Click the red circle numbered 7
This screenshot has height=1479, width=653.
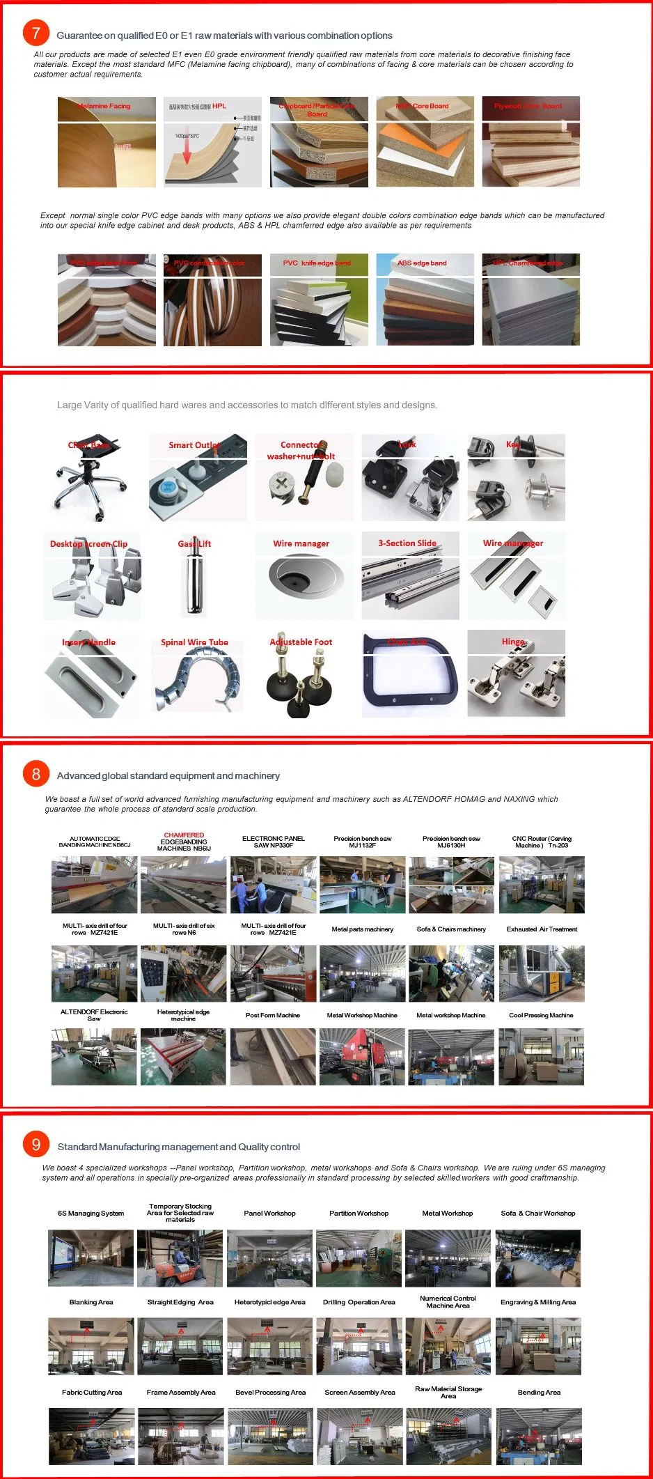point(36,33)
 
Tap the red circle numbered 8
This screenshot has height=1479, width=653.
point(36,774)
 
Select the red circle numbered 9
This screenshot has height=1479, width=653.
point(36,1145)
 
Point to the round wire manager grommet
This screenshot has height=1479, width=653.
point(303,578)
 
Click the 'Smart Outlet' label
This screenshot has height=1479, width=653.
point(194,445)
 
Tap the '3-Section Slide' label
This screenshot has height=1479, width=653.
point(407,543)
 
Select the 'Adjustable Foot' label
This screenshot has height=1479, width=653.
point(301,642)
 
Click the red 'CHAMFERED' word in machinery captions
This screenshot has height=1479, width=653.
point(184,835)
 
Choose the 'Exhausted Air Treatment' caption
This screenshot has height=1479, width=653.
point(542,929)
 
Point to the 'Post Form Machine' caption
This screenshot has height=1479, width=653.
point(273,1015)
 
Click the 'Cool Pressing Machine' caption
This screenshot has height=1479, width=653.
point(541,1015)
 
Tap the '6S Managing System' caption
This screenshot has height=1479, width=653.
point(91,1213)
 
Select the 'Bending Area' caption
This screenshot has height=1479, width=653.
point(539,1392)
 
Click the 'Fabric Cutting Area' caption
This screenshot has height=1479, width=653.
point(92,1392)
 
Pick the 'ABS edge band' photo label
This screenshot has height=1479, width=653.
point(422,263)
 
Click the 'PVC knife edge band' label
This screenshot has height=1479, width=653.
point(317,263)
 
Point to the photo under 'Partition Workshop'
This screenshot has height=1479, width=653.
point(359,1258)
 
